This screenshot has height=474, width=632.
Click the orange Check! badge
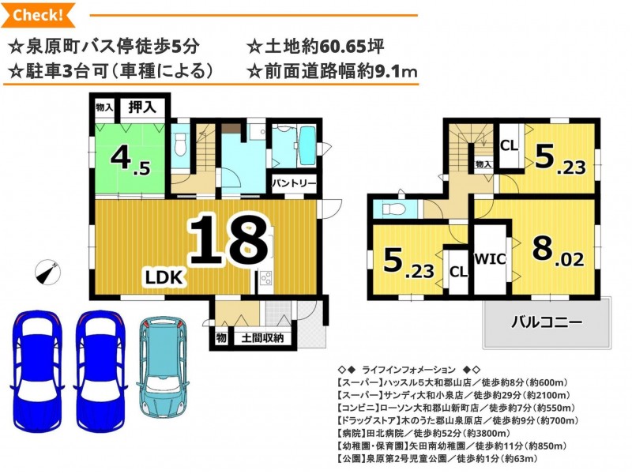(x=38, y=15)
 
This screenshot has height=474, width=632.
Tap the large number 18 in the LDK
(x=228, y=240)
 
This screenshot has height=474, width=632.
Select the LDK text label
(x=165, y=278)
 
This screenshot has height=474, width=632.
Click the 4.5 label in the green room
(x=130, y=160)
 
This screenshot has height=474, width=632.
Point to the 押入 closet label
(x=142, y=107)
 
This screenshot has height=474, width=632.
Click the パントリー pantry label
(x=294, y=184)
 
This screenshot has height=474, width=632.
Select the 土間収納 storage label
(x=262, y=338)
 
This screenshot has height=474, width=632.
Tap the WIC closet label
(x=490, y=259)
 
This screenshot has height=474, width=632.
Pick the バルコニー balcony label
(x=547, y=322)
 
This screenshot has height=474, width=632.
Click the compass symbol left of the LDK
(x=48, y=272)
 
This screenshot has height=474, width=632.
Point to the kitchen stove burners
(x=265, y=278)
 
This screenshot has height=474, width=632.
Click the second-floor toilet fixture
(x=390, y=209)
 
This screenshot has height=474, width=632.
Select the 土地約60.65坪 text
(x=315, y=47)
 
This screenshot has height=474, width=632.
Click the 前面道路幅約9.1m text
(x=332, y=71)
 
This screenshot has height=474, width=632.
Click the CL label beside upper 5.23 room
(x=509, y=145)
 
